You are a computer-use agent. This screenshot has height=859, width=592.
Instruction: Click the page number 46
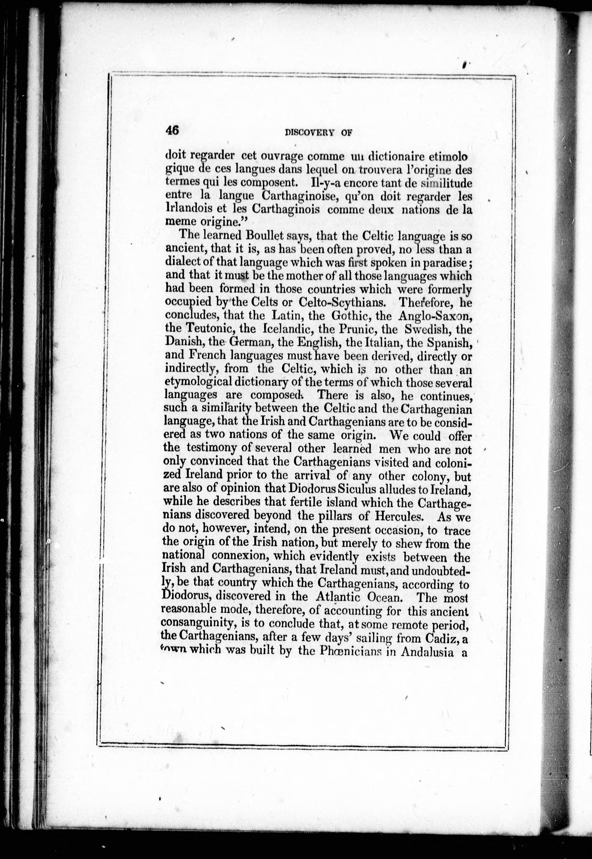coord(172,130)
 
